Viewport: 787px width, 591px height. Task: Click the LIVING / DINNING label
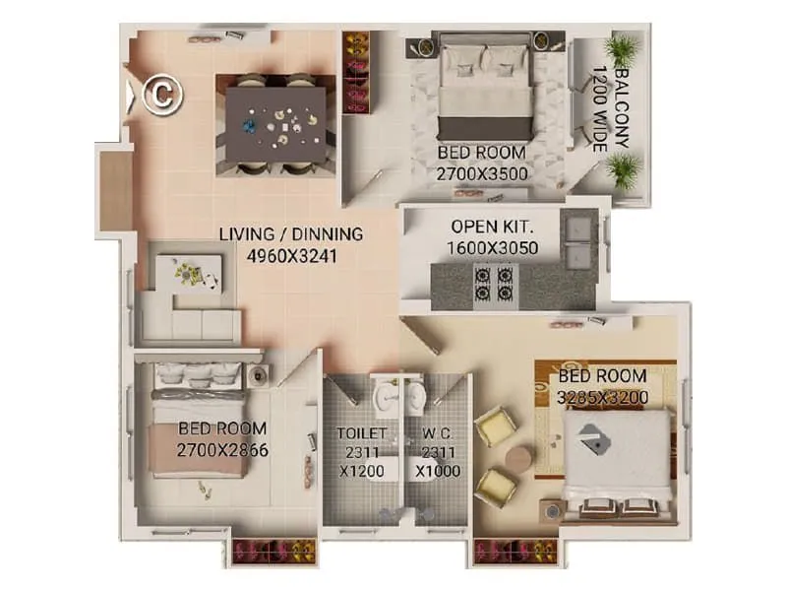pyautogui.click(x=291, y=234)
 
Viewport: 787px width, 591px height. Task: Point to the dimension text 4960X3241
pyautogui.click(x=291, y=253)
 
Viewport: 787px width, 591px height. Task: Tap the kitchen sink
pyautogui.click(x=575, y=228)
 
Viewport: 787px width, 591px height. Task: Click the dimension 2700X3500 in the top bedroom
pyautogui.click(x=483, y=174)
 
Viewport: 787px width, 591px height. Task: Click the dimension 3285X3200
pyautogui.click(x=602, y=397)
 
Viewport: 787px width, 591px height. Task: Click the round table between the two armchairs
pyautogui.click(x=518, y=458)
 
